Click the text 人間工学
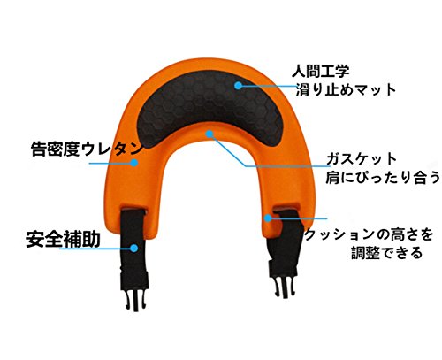pos(321,71)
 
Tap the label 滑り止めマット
pos(346,89)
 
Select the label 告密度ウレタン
pos(88,149)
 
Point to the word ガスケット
pos(362,159)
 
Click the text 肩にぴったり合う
pos(383,178)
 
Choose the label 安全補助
pos(63,239)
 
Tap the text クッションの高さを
pos(369,234)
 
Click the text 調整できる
pos(387,253)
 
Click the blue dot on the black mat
pos(238,86)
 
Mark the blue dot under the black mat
pos(210,134)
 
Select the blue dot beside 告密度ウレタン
pos(134,163)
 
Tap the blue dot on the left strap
pos(134,249)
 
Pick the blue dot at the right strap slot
pos(268,218)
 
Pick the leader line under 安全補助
pos(97,249)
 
